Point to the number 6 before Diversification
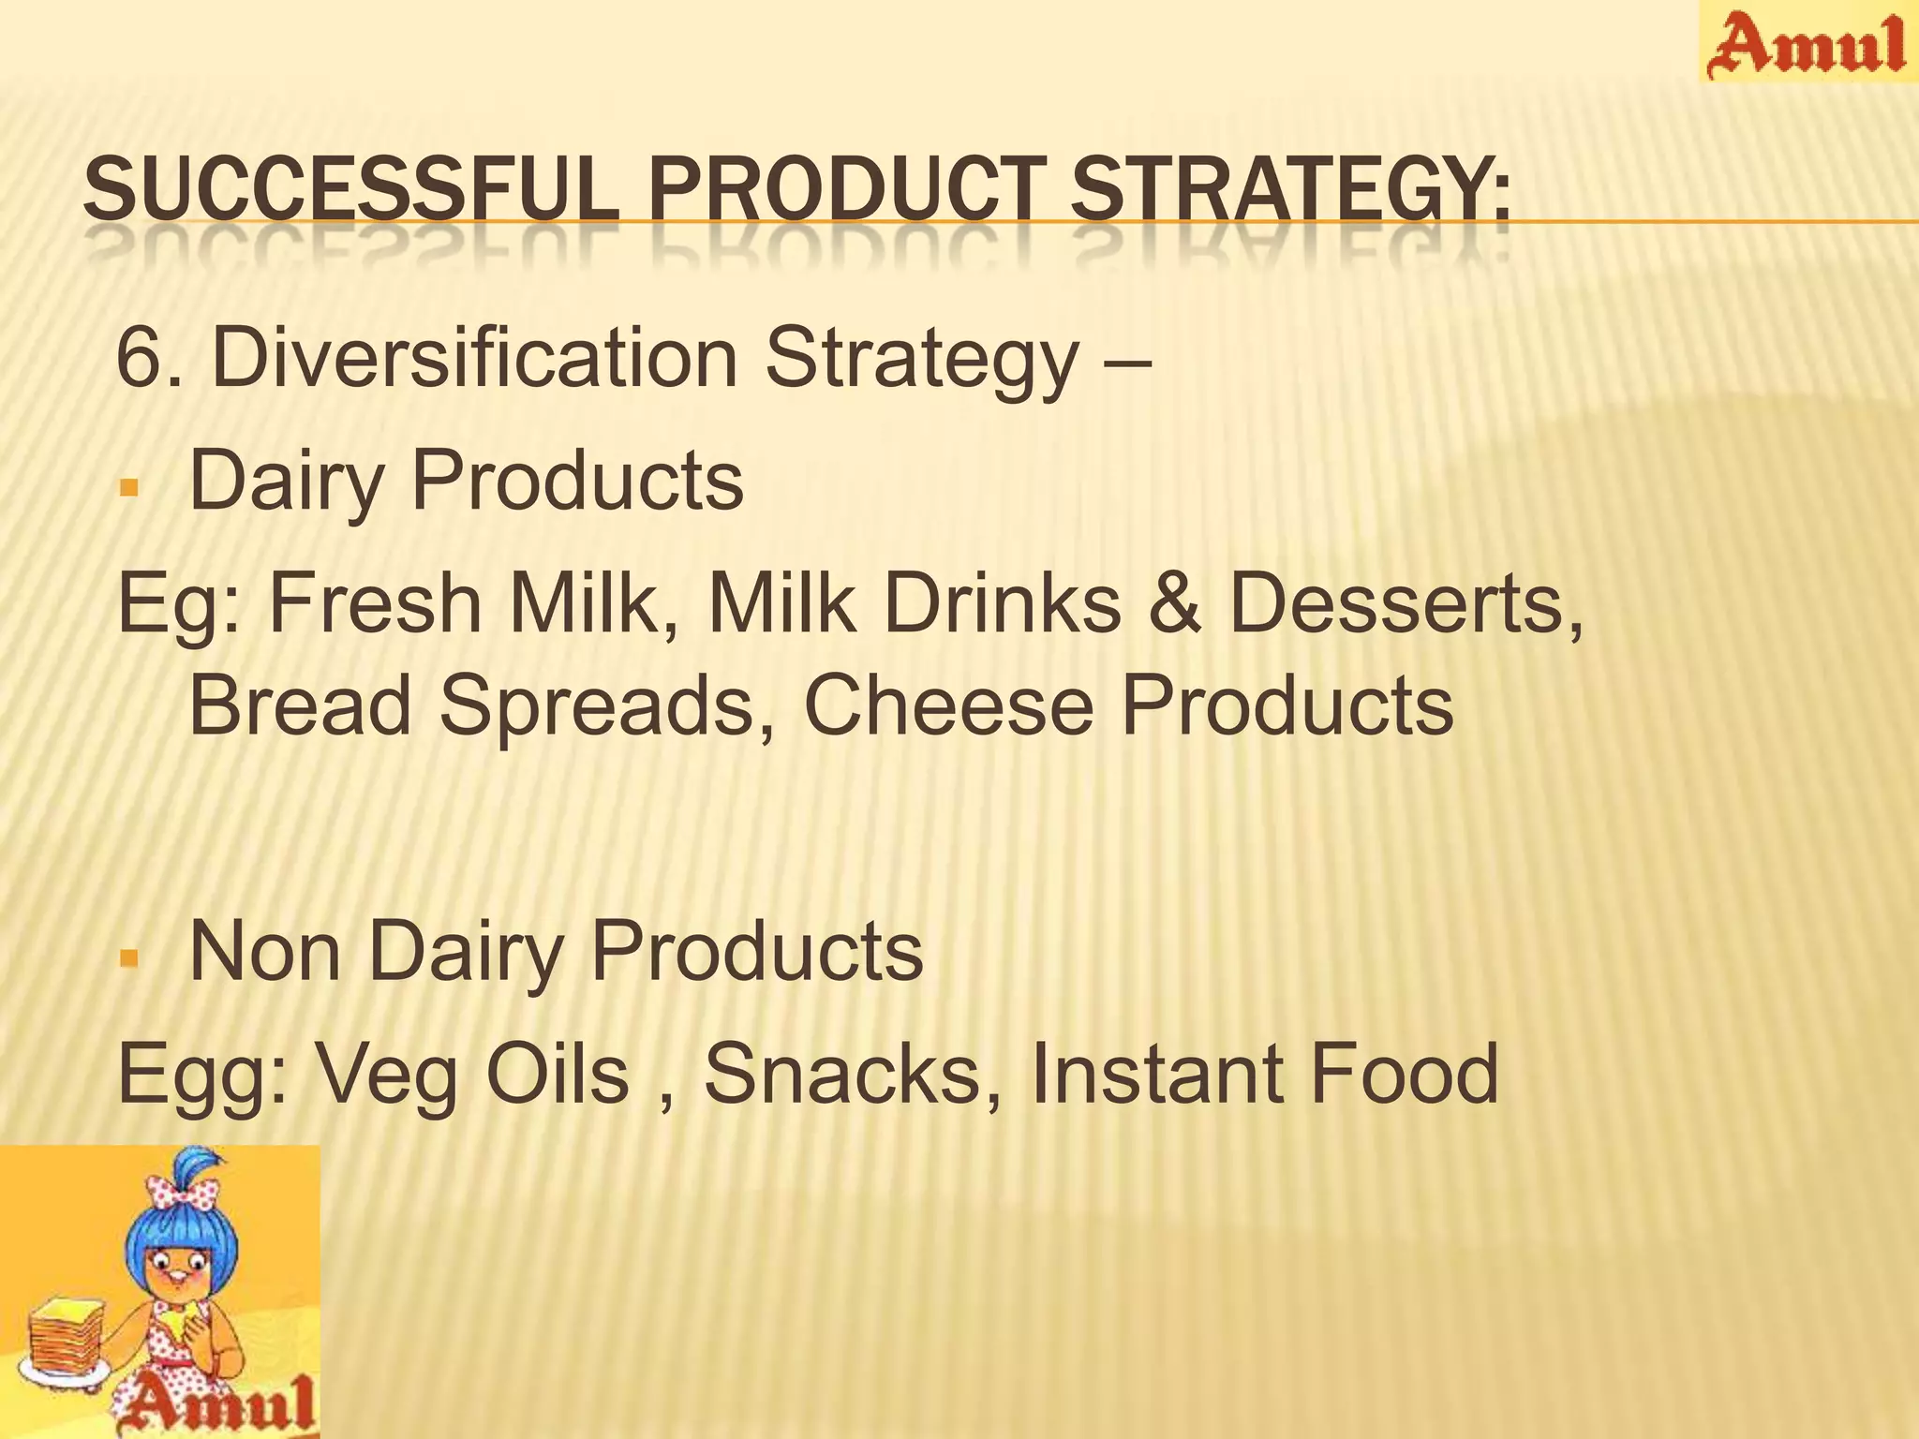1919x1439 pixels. (137, 358)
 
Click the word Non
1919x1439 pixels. (265, 951)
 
